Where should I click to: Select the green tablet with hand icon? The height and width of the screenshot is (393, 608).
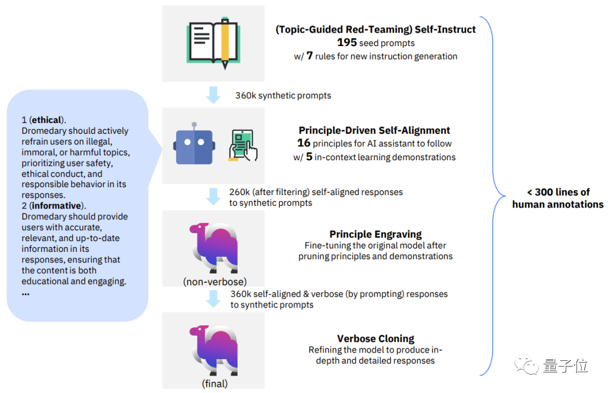243,146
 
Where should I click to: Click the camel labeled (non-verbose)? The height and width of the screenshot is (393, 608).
214,247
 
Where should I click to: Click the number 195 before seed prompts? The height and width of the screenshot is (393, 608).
347,43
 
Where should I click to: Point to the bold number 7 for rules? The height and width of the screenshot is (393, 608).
310,56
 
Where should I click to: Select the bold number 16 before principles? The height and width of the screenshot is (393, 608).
304,143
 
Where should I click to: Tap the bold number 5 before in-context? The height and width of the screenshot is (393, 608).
309,157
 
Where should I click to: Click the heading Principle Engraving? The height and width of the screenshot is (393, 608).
375,234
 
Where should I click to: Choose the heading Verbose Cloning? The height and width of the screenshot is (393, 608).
375,338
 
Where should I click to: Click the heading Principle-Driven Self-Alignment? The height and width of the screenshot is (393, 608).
374,130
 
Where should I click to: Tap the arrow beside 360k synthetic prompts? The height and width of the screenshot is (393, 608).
213,95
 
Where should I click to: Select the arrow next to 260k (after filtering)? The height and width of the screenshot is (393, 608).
213,197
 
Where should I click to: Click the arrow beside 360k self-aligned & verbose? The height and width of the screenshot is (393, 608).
213,299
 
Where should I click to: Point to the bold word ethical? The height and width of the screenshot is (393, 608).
47,120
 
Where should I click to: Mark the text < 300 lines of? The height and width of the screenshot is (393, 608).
557,192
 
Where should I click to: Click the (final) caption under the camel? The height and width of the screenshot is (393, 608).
214,384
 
